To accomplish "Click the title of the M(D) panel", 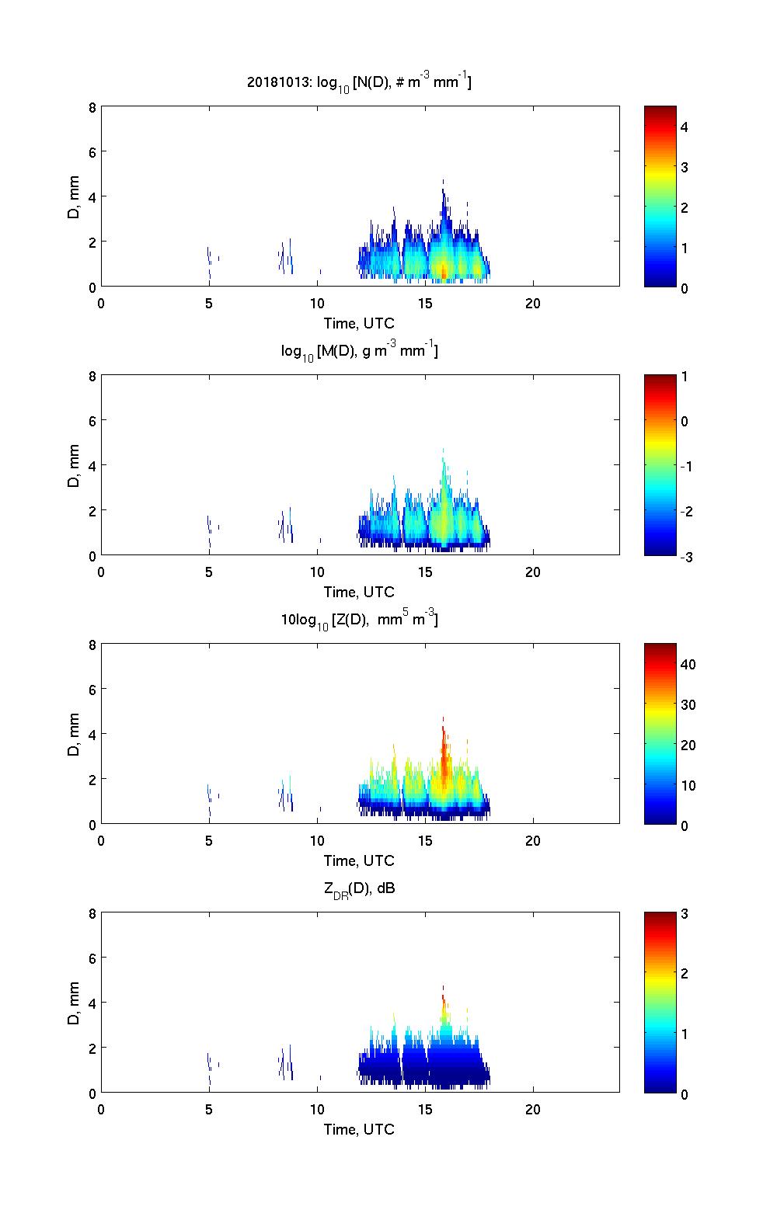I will (359, 351).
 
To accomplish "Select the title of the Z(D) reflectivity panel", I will (359, 620).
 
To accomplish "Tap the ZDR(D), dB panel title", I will (359, 888).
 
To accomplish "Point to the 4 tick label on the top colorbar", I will (685, 127).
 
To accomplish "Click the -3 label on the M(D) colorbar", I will (685, 557).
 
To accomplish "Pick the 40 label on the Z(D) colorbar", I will (688, 665).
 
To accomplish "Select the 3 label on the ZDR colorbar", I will (684, 914).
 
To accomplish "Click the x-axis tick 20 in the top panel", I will (533, 303).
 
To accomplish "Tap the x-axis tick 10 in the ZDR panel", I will (317, 1109).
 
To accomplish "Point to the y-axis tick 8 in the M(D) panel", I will (92, 377).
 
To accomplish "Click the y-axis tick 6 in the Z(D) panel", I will (92, 690).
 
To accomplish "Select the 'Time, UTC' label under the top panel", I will (359, 323).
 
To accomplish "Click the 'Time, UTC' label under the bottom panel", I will (359, 1129).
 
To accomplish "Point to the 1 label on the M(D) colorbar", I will (684, 377).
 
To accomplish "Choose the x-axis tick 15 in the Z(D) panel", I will (425, 840).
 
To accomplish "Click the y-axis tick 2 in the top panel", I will (92, 242).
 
